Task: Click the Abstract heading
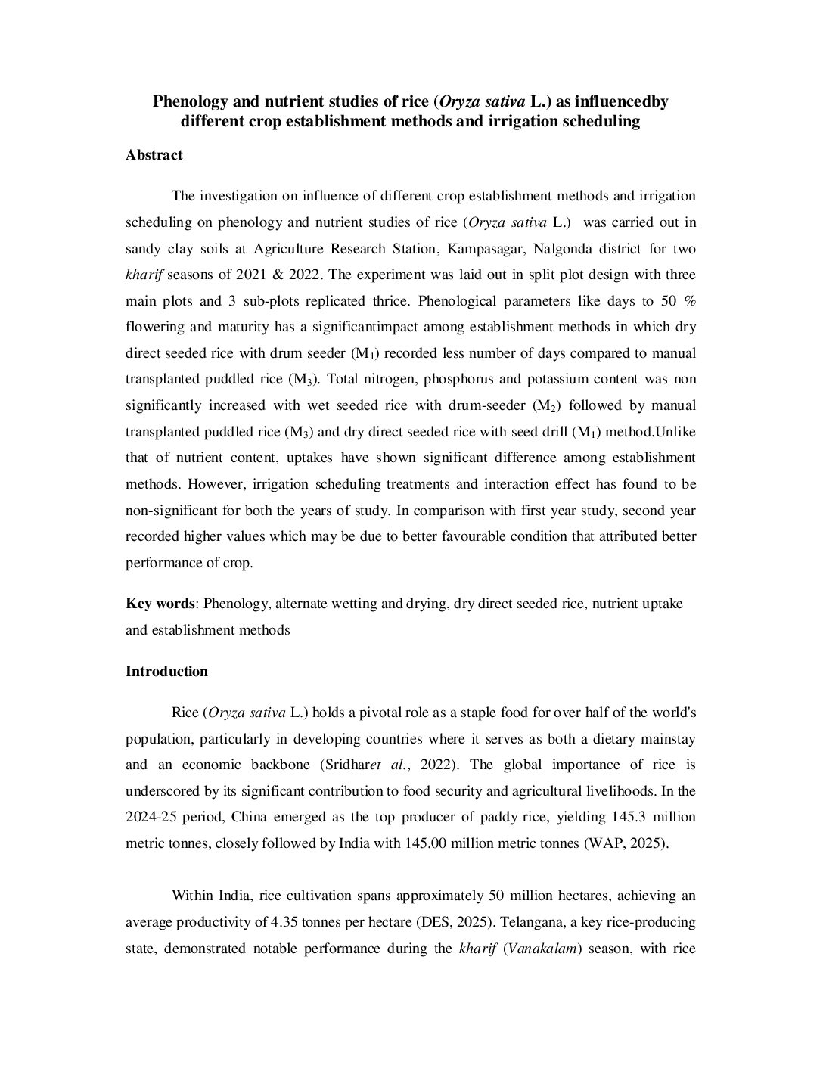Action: pos(154,155)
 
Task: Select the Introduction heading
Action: pos(166,672)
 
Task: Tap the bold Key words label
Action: pos(160,604)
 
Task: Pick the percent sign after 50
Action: pos(689,301)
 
